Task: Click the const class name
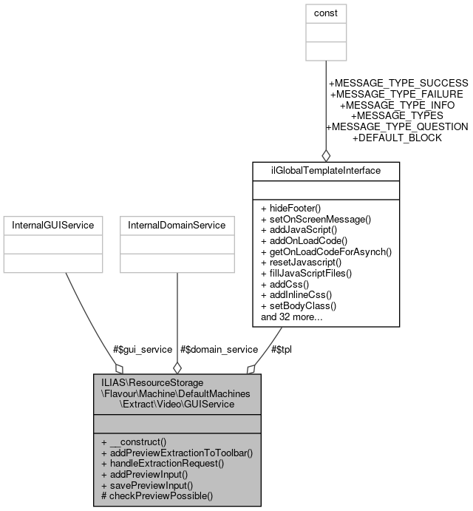pos(326,13)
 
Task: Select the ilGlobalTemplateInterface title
pos(326,171)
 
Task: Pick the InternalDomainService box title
pos(177,225)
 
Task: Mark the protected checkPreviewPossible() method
pos(157,495)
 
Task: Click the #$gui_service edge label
pos(143,349)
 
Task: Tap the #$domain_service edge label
pos(219,349)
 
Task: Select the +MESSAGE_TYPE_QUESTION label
pos(396,126)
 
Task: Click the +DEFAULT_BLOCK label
pos(396,138)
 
